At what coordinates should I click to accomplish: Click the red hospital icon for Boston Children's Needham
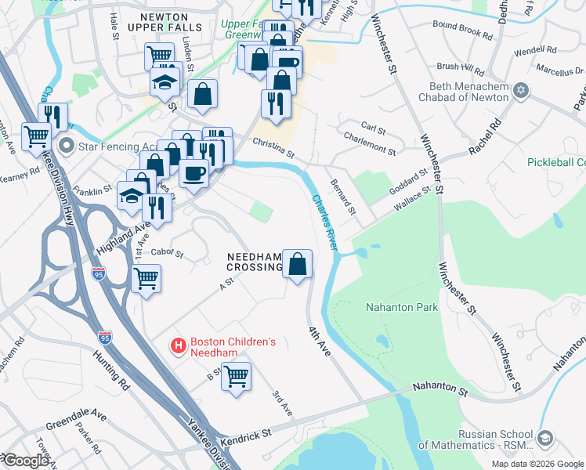click(x=179, y=345)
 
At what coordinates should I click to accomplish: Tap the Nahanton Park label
click(x=402, y=307)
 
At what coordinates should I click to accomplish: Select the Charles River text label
click(x=325, y=222)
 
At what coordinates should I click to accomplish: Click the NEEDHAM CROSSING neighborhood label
click(x=254, y=262)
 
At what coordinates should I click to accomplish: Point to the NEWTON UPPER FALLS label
click(x=170, y=21)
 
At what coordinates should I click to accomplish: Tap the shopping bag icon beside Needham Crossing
click(x=298, y=263)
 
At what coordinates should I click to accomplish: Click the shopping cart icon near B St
click(x=236, y=375)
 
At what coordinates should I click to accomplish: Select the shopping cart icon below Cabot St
click(x=146, y=278)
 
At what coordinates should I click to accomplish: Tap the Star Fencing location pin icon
click(x=67, y=146)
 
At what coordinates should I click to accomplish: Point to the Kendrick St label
click(x=244, y=432)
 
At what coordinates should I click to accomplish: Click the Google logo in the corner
click(x=25, y=461)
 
